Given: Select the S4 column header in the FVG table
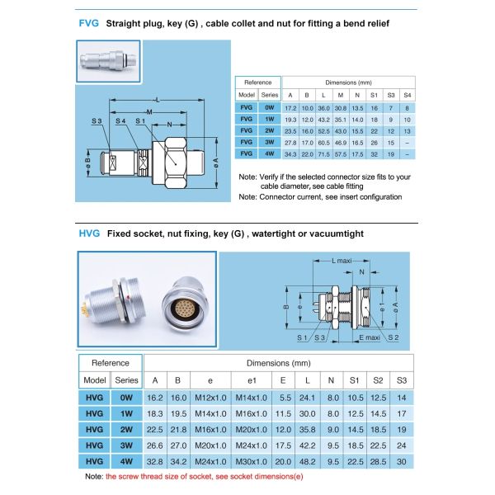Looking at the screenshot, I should point(407,95).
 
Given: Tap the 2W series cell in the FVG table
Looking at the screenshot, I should point(270,130).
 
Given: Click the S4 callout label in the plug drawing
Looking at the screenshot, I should point(120,121).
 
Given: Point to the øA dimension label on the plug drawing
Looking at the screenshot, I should point(215,160).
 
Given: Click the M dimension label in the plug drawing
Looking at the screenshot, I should point(148,110).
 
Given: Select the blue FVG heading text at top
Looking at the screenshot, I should point(88,24).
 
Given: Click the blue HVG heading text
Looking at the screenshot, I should point(89,233).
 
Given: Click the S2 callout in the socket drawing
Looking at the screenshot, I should point(393,339).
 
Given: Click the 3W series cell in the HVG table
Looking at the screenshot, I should point(126,445).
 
